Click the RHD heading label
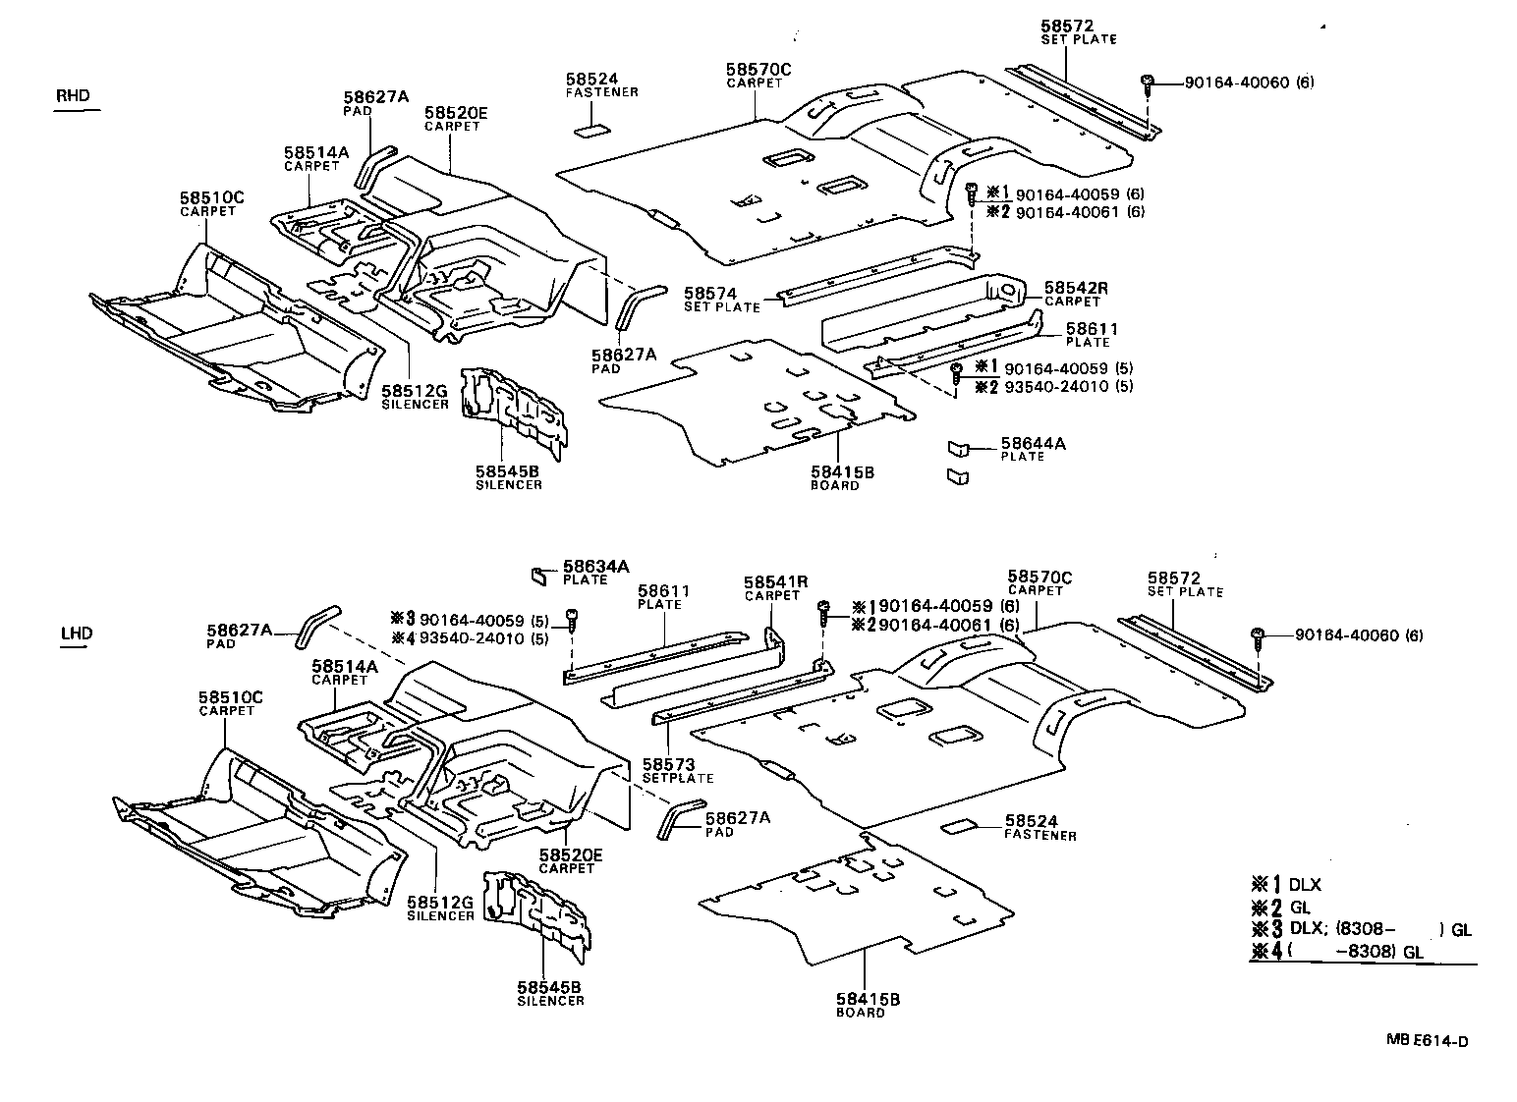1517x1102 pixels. click(x=73, y=95)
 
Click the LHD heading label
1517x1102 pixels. click(x=76, y=634)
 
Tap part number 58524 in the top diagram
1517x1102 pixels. click(x=590, y=79)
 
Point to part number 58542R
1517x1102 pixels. click(x=1075, y=288)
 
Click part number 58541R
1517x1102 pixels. click(x=775, y=582)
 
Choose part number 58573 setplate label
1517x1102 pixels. click(x=668, y=764)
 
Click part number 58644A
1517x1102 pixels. click(x=1033, y=444)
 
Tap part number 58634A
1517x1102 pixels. click(x=595, y=567)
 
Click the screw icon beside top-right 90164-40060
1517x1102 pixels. click(x=1147, y=83)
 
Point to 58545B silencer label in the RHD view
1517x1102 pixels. click(x=508, y=471)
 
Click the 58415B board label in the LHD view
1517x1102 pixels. click(x=868, y=1000)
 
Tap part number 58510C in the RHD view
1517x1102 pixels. click(x=211, y=198)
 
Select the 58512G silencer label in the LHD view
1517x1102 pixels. click(x=440, y=902)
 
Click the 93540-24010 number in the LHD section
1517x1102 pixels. click(x=469, y=637)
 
